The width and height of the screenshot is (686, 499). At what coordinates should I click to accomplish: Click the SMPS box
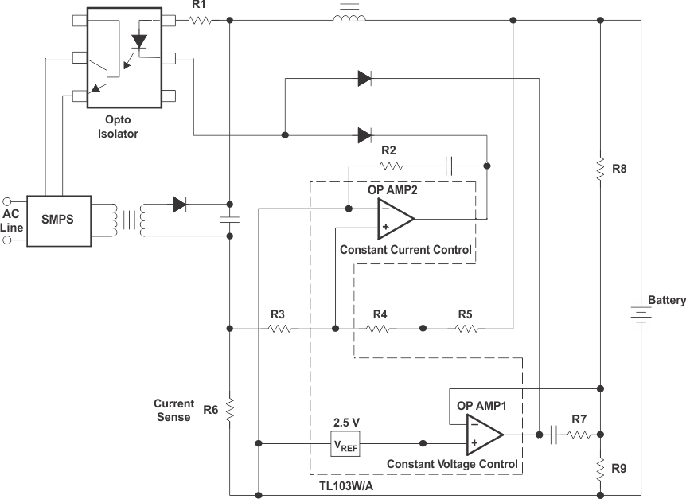58,220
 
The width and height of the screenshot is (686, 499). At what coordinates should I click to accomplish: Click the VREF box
345,443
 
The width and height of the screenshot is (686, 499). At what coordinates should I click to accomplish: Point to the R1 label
199,6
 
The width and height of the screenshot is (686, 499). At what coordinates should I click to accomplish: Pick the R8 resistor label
619,169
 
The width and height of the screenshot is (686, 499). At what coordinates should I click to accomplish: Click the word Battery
666,300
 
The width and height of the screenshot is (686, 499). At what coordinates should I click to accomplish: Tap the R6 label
210,410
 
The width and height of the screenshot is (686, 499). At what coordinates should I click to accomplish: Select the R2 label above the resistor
388,150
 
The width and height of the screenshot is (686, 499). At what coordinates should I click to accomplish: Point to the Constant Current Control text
405,249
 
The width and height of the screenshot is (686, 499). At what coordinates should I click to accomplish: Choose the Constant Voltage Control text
452,464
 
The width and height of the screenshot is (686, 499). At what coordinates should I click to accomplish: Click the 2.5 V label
346,423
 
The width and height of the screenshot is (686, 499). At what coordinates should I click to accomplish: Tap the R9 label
619,468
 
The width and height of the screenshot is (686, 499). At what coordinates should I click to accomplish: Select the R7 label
579,419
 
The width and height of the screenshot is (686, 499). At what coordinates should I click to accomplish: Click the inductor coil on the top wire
348,16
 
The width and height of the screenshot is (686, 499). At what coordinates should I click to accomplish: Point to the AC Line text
13,220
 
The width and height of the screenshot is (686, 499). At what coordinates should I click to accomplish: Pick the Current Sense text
173,410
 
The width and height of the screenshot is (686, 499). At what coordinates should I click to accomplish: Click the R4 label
380,314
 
